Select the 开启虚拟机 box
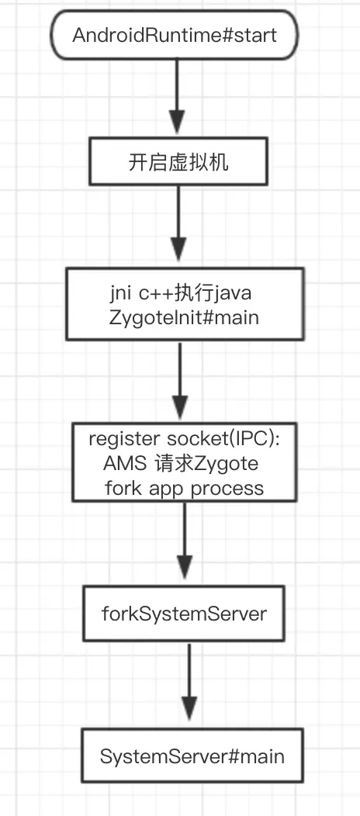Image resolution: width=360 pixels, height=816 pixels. [179, 162]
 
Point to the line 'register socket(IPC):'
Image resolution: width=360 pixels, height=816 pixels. [184, 438]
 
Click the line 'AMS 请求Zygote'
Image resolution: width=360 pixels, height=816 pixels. [180, 463]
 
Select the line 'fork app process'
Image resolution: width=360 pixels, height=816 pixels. [185, 488]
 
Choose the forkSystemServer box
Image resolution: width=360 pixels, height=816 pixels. [184, 614]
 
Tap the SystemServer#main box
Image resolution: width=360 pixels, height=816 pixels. [192, 755]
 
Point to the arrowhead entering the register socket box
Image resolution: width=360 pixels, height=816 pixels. [180, 404]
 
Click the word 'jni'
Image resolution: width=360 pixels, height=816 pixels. [122, 295]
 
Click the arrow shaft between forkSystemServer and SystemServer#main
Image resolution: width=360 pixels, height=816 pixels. [190, 667]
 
